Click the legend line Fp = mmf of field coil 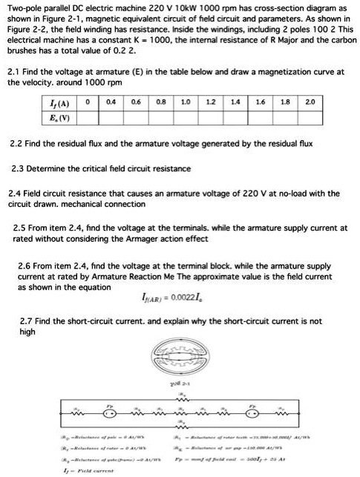pos(260,459)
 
